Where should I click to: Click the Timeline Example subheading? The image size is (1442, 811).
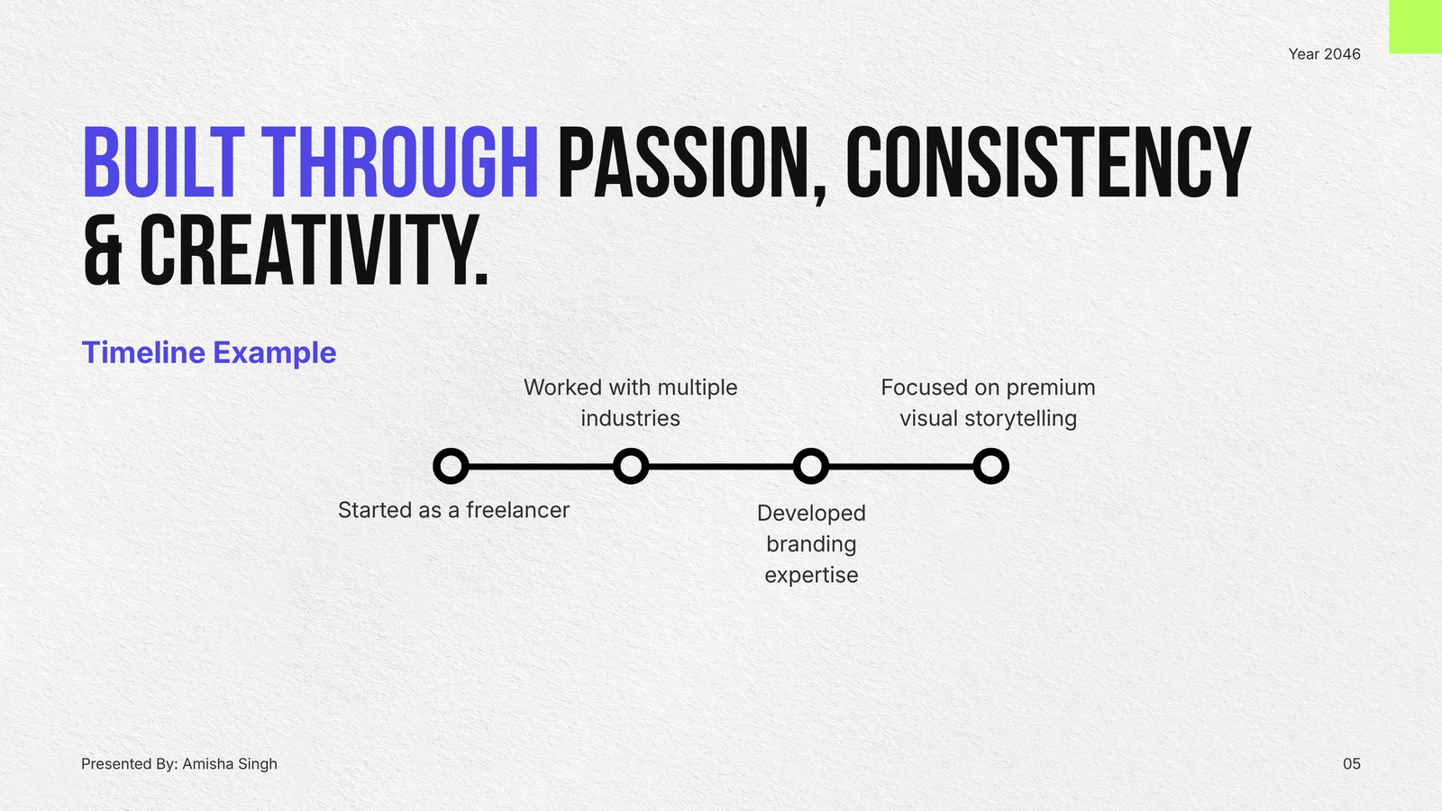(x=209, y=352)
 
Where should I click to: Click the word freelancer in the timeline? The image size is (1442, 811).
(x=517, y=510)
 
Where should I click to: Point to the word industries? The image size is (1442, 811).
(x=630, y=418)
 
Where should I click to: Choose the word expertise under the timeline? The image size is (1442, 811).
(x=811, y=576)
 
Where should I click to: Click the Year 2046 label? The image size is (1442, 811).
(x=1324, y=54)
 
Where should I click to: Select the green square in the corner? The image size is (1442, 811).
(x=1416, y=26)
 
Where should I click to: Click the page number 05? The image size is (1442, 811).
(x=1351, y=764)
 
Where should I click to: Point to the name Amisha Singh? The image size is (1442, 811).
(x=230, y=764)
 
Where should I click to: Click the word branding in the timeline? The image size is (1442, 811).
(x=811, y=544)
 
